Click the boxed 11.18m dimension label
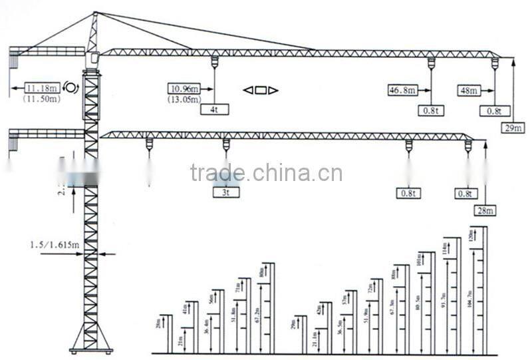click(x=41, y=88)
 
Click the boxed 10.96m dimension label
click(x=185, y=88)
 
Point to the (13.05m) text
click(x=185, y=99)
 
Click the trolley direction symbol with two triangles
click(x=260, y=90)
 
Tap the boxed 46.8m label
click(x=404, y=89)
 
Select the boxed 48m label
click(x=469, y=89)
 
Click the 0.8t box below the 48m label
click(x=493, y=110)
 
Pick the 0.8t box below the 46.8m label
click(x=430, y=110)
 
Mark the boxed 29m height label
click(x=513, y=128)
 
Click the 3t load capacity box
click(x=226, y=193)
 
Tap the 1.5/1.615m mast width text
click(x=55, y=245)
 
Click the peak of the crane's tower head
click(x=95, y=13)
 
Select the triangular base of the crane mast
click(x=91, y=336)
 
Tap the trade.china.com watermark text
click(x=266, y=174)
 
